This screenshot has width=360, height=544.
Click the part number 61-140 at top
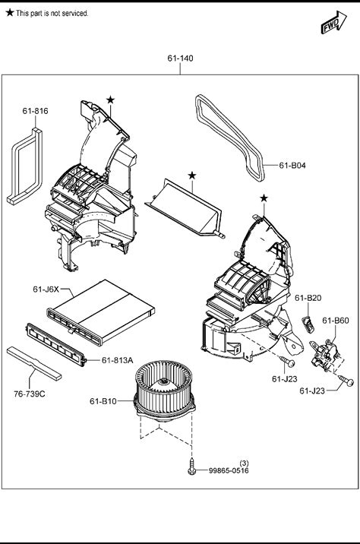(x=180, y=59)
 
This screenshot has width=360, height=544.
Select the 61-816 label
(x=36, y=111)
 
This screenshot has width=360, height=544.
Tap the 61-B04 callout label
(x=292, y=166)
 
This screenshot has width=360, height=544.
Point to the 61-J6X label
(x=46, y=289)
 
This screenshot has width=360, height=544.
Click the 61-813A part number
(x=117, y=360)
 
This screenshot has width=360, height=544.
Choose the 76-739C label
(x=30, y=394)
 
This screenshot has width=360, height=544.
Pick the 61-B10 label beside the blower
(x=103, y=401)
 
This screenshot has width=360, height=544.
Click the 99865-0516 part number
(x=229, y=470)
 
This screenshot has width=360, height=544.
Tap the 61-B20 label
(x=308, y=298)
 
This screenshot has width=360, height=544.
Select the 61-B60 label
(x=336, y=321)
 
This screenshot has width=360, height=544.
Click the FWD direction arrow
(x=333, y=23)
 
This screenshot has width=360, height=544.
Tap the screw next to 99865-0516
(x=192, y=467)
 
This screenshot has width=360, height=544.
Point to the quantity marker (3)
(x=244, y=463)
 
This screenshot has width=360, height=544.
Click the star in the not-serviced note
(x=10, y=13)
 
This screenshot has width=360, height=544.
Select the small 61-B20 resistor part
(x=308, y=324)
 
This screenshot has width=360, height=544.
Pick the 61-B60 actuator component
(x=325, y=355)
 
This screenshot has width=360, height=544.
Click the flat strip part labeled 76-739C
(x=34, y=363)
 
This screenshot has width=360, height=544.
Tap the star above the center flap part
(x=192, y=176)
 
